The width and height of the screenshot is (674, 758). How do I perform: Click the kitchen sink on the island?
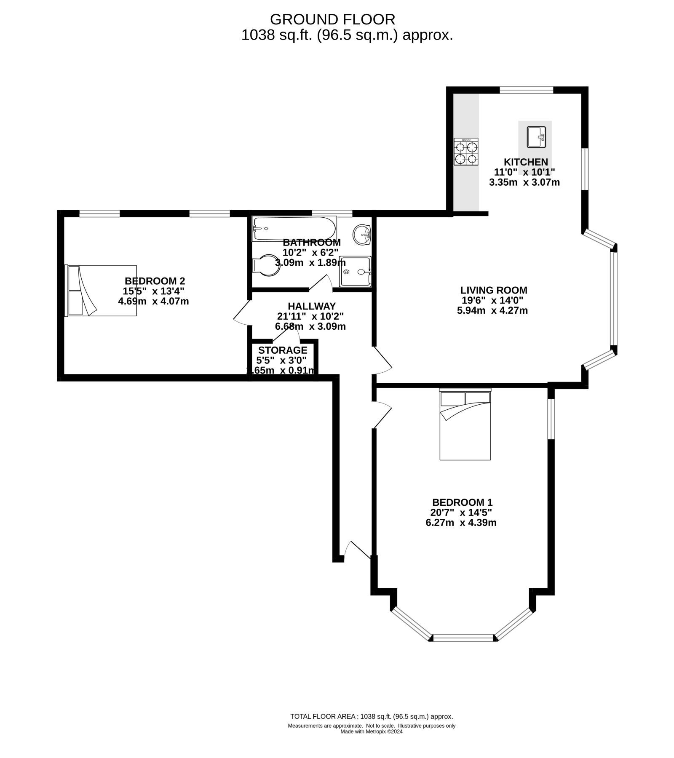(536, 137)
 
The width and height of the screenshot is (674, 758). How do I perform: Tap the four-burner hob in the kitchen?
(466, 152)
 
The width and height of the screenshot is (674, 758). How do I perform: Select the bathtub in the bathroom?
(294, 229)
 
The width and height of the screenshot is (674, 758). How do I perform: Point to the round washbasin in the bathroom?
(362, 234)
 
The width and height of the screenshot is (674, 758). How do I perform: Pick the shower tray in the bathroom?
(356, 272)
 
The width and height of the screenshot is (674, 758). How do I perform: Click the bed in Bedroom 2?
(101, 290)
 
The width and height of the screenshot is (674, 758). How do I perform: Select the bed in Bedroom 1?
(465, 424)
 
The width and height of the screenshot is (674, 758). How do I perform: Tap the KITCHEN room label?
(526, 162)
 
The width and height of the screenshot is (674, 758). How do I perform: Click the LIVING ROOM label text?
(494, 290)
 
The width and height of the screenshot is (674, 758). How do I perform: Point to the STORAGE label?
(283, 350)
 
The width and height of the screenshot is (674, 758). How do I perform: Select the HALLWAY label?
(312, 306)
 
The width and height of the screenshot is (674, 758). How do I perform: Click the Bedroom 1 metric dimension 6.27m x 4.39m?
(461, 523)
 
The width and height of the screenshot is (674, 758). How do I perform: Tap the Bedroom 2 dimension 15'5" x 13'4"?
(154, 291)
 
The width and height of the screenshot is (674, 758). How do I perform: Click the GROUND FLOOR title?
(333, 19)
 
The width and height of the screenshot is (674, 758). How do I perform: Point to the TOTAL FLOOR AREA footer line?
(372, 716)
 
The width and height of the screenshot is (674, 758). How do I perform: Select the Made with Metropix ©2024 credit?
(372, 731)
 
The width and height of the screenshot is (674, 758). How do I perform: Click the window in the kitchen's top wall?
(526, 90)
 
